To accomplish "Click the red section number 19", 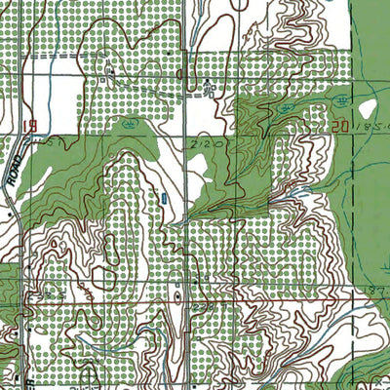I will [x=32, y=126].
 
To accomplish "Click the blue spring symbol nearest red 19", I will [x=129, y=124].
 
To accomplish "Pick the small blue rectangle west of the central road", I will [x=164, y=198].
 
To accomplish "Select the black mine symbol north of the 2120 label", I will [x=211, y=91].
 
